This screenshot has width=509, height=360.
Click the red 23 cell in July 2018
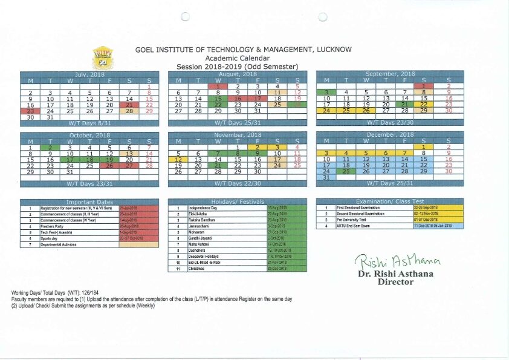click(30, 111)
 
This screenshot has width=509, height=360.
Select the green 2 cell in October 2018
click(50, 148)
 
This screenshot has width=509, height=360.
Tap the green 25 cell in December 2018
click(346, 171)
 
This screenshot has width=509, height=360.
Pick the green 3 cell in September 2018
click(326, 92)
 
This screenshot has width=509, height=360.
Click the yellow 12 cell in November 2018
click(178, 159)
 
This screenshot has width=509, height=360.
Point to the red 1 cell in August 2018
click(218, 87)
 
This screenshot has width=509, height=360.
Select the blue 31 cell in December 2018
click(326, 177)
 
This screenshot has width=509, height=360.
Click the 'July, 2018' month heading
click(89, 74)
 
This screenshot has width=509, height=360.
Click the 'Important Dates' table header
click(89, 201)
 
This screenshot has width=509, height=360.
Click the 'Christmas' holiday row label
click(199, 268)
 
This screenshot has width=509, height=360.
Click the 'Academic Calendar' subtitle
click(236, 58)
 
